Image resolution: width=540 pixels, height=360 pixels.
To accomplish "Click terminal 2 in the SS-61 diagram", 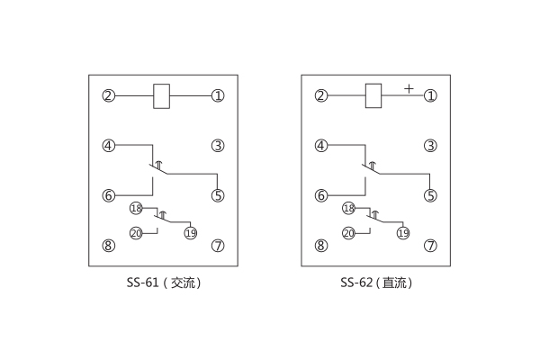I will pyautogui.click(x=108, y=95).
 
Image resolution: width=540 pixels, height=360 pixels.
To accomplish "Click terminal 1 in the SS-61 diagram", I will pyautogui.click(x=217, y=95).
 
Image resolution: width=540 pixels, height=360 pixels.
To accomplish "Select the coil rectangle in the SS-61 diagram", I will pyautogui.click(x=163, y=95).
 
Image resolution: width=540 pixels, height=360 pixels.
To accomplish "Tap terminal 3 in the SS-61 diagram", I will pyautogui.click(x=217, y=145).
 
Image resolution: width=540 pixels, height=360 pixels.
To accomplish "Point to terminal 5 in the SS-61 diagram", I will pyautogui.click(x=217, y=194).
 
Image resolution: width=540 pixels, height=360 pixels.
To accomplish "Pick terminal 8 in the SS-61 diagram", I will pyautogui.click(x=108, y=245).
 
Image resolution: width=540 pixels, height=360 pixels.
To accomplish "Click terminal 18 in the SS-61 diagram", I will pyautogui.click(x=136, y=208).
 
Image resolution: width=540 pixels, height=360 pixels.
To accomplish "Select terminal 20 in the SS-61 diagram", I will pyautogui.click(x=136, y=233).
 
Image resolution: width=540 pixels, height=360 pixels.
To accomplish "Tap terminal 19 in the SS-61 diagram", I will pyautogui.click(x=191, y=233).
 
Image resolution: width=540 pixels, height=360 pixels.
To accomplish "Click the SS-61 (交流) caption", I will pyautogui.click(x=163, y=283).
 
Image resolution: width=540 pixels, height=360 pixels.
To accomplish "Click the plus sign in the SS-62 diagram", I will pyautogui.click(x=409, y=88).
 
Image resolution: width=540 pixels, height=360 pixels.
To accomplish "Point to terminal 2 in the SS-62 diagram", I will pyautogui.click(x=320, y=95).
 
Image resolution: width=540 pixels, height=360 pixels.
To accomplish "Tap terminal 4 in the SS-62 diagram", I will pyautogui.click(x=320, y=145).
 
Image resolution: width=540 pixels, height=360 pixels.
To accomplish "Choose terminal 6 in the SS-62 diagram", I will pyautogui.click(x=320, y=194).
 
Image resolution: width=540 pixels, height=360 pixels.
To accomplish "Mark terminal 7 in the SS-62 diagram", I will pyautogui.click(x=430, y=245).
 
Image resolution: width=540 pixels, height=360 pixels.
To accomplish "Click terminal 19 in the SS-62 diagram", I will pyautogui.click(x=403, y=233).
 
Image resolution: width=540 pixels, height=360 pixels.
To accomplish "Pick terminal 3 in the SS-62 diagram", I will pyautogui.click(x=430, y=145).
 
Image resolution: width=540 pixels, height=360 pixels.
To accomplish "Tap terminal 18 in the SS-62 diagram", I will pyautogui.click(x=348, y=208).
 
